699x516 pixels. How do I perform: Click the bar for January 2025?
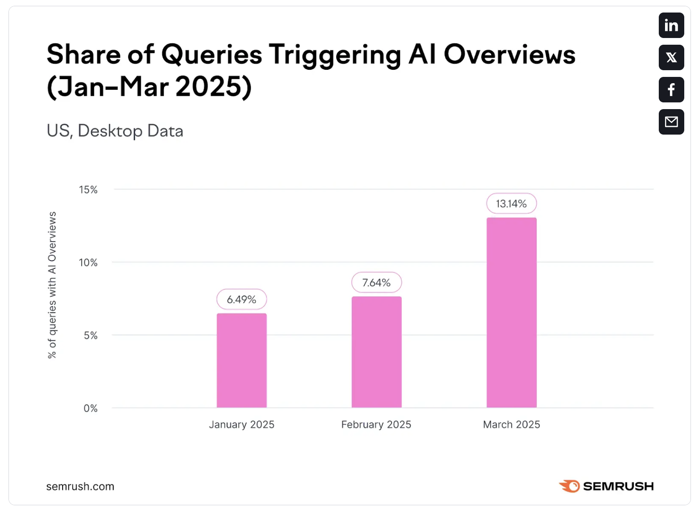(241, 360)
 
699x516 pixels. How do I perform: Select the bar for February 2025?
(376, 352)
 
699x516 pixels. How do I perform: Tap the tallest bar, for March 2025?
(511, 313)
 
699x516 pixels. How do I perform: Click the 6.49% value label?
(241, 300)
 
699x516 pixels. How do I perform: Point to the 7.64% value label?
(376, 283)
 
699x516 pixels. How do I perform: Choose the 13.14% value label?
(511, 204)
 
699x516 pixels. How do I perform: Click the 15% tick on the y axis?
(88, 190)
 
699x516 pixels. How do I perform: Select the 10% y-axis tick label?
(88, 262)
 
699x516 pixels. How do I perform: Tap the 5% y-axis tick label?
(90, 335)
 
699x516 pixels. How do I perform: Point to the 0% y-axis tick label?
(90, 408)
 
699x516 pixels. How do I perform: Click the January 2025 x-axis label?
(241, 424)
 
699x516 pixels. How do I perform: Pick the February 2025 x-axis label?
(376, 424)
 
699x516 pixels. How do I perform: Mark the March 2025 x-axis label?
(511, 424)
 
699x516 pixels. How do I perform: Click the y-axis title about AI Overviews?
(52, 285)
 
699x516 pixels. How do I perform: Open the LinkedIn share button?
(671, 25)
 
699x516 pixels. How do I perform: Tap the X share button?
(671, 58)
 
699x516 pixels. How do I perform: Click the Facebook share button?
(671, 89)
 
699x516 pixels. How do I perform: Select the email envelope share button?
(671, 122)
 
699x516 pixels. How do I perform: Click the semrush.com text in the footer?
(80, 486)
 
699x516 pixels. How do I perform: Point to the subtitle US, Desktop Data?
(115, 131)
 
